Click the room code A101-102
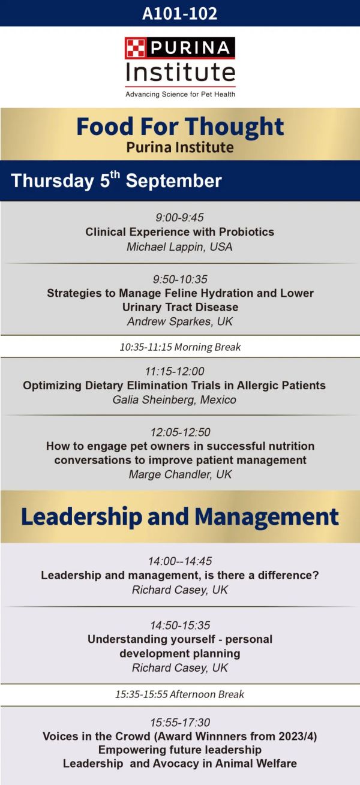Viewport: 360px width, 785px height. tap(180, 13)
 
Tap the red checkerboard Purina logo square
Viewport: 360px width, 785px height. tap(136, 48)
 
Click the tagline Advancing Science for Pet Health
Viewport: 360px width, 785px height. tap(180, 94)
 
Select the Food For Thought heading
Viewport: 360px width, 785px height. tap(180, 127)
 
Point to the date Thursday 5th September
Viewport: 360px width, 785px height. tap(116, 180)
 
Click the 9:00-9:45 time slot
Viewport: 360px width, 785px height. tap(179, 217)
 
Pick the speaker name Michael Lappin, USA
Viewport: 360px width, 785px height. tap(179, 246)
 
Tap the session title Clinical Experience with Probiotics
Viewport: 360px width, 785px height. tap(180, 232)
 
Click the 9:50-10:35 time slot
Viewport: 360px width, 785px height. tap(180, 279)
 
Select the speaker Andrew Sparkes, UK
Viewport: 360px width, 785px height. tap(180, 321)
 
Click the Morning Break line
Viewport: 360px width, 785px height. tap(180, 347)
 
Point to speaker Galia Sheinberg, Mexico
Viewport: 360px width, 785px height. tap(174, 399)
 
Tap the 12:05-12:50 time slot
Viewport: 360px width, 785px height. tap(180, 432)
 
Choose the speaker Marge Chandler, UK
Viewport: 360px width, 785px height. tap(180, 474)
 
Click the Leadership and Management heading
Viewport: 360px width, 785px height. tap(180, 516)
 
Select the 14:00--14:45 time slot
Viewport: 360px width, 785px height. tap(180, 561)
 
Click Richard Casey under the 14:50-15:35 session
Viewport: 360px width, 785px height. tap(180, 667)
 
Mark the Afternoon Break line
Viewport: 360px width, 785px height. tap(180, 694)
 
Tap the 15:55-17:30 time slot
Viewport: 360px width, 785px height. tap(180, 722)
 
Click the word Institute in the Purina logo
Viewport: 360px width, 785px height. tap(181, 72)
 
